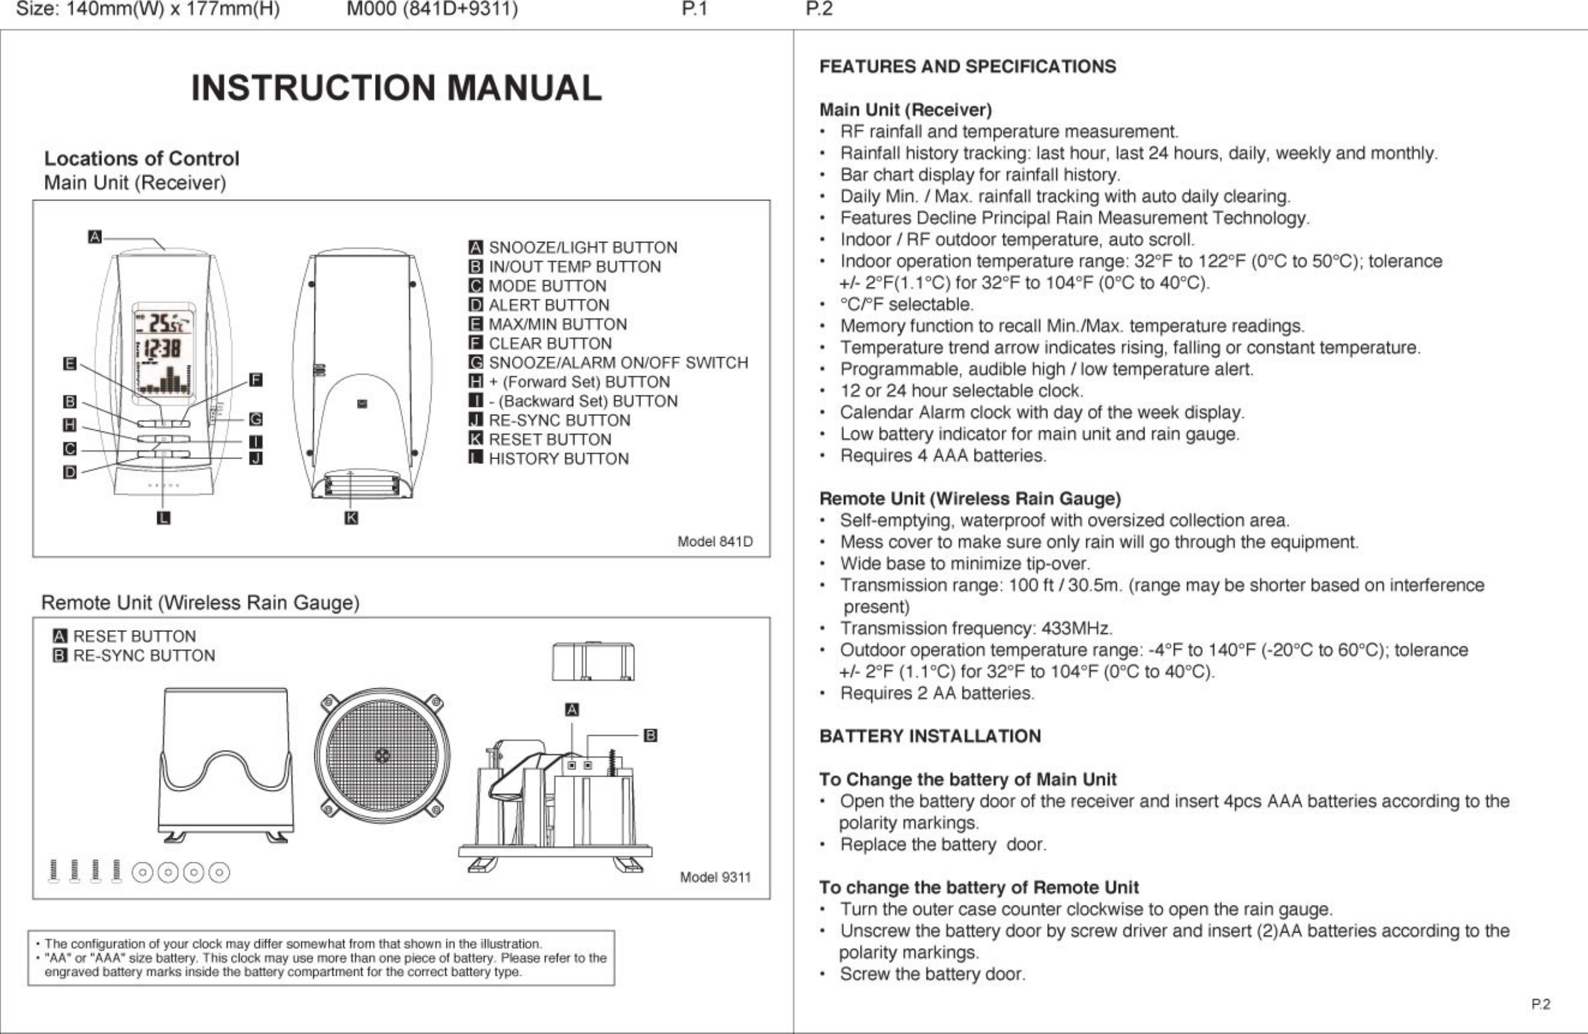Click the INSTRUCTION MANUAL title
[x=396, y=88]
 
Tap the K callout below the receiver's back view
[x=351, y=518]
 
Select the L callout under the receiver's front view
[x=164, y=518]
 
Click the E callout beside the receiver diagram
[x=69, y=363]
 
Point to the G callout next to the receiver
[x=256, y=419]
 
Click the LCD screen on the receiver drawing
[x=164, y=354]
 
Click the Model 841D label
[x=715, y=541]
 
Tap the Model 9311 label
[x=715, y=877]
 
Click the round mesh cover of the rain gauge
[x=382, y=756]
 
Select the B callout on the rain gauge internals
[x=650, y=735]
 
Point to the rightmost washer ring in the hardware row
[x=219, y=872]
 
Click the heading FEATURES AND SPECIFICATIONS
[x=968, y=67]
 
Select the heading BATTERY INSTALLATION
[x=930, y=737]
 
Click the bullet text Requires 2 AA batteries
[x=937, y=693]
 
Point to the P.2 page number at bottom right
[x=1541, y=1004]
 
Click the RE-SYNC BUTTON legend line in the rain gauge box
[x=143, y=656]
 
